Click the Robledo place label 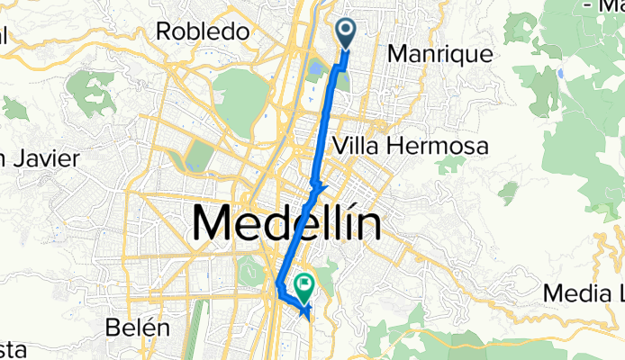pos(202,31)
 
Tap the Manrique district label pos(440,54)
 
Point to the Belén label pos(138,327)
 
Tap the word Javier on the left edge pos(41,159)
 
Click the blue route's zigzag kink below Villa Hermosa pos(316,186)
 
